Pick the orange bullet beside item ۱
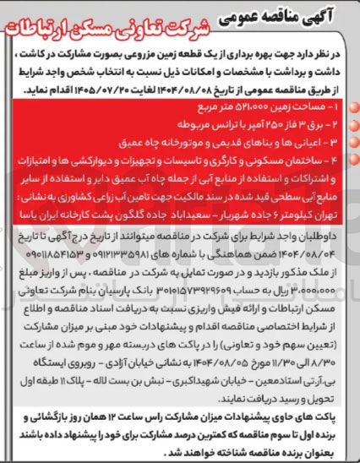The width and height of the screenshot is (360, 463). tap(347, 108)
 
